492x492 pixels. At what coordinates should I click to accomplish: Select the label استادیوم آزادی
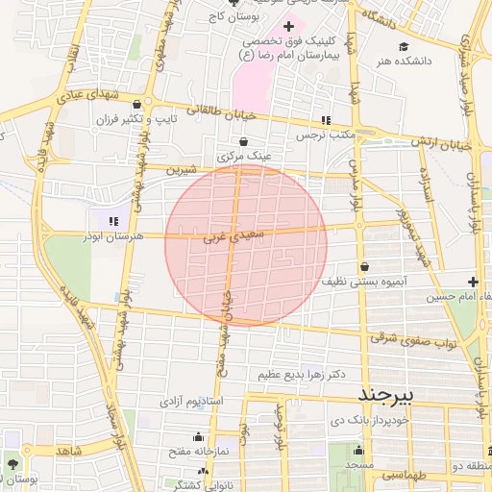point(190,399)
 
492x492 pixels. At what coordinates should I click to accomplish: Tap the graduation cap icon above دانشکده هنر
point(404,46)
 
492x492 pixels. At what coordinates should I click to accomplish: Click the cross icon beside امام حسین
point(473,282)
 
